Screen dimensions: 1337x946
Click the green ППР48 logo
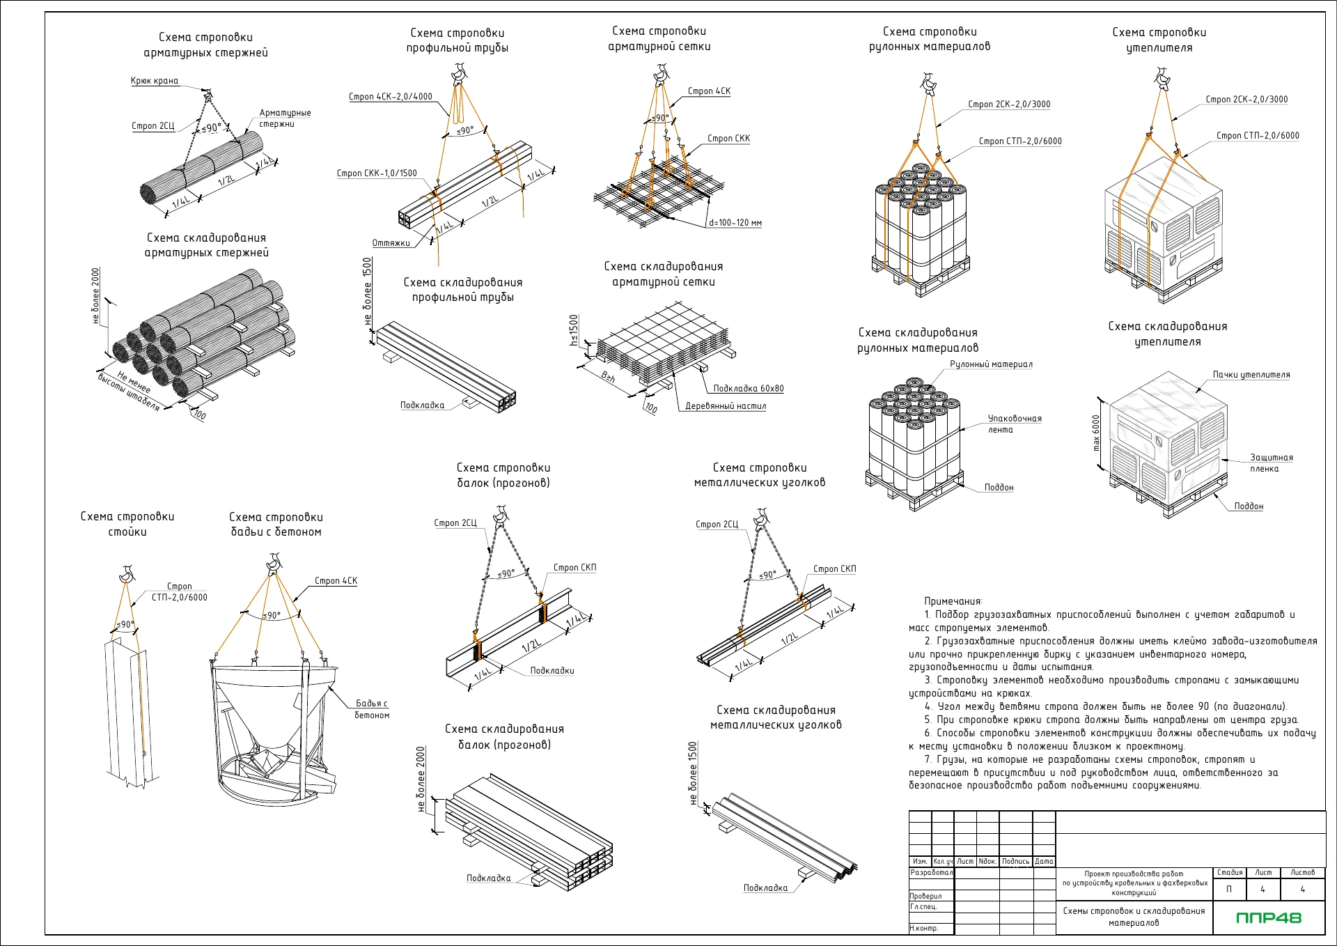click(1268, 918)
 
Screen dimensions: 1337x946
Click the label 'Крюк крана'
click(155, 81)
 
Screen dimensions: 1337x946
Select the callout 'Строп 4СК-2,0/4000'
click(390, 97)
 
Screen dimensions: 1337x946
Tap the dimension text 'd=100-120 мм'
click(735, 223)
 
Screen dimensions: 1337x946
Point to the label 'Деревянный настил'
click(726, 406)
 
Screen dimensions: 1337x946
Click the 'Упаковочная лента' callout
click(1015, 424)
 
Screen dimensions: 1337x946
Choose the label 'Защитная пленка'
click(1271, 463)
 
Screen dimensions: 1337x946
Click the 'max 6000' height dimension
click(1096, 433)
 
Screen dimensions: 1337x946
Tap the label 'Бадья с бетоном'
click(372, 709)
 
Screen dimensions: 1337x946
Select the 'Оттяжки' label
click(391, 243)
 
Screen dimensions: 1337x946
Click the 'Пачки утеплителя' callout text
click(1251, 375)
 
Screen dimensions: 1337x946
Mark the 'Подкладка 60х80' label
click(749, 389)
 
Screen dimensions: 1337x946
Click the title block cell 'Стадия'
click(1230, 873)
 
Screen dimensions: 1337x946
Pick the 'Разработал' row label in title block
click(932, 872)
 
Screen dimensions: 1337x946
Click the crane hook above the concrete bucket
click(274, 561)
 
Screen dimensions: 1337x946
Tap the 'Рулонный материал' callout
click(991, 364)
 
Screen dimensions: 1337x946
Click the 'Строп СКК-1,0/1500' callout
click(377, 173)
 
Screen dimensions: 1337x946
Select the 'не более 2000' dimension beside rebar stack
click(96, 296)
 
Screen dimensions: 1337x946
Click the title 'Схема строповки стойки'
click(127, 524)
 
